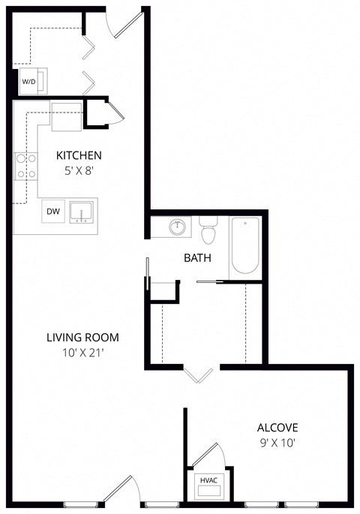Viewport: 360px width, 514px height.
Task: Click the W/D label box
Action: point(28,81)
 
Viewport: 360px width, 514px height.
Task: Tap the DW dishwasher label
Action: point(53,212)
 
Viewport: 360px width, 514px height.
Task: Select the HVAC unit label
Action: point(208,479)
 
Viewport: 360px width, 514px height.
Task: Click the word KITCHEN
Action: point(79,155)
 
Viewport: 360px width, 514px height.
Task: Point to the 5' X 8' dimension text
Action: point(79,170)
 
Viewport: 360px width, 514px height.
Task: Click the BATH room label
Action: point(197,257)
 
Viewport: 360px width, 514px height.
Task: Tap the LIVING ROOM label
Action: point(82,338)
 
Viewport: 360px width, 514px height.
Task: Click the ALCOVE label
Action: point(278,428)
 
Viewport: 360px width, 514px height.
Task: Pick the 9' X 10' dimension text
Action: point(278,442)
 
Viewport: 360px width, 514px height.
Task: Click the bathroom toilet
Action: point(208,231)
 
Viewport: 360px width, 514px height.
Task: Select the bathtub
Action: point(244,245)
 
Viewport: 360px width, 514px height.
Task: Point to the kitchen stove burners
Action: point(25,167)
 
